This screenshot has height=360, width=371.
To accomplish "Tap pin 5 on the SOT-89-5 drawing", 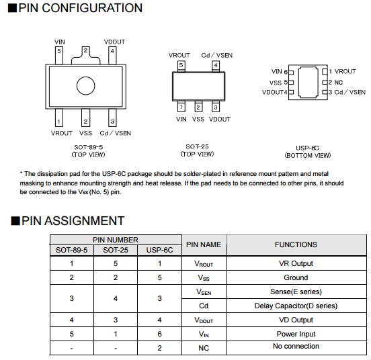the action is coord(59,55).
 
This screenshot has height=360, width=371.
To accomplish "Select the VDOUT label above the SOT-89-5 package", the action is coord(114,42).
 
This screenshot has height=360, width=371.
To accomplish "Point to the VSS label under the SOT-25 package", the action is coord(198,119).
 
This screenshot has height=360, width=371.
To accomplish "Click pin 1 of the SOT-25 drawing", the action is coord(181,107).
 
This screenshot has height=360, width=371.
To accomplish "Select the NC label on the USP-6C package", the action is coord(339,82).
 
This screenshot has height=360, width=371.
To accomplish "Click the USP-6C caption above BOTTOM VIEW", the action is coord(307,148).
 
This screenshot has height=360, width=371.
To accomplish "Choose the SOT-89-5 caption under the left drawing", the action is coord(89,147).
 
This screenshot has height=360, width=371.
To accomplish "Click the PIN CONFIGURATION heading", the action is coord(81,8).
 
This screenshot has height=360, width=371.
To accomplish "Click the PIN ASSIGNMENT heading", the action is coord(73,221).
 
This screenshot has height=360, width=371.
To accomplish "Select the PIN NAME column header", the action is coord(204,244).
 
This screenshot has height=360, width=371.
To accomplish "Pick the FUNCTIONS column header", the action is coord(296,244).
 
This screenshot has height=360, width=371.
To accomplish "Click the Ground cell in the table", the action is coord(296,277).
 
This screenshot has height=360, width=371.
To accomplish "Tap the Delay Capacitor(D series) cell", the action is coord(296,306).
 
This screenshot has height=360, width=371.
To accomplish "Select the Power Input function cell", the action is coord(296,334).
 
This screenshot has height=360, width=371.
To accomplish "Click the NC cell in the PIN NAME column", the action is coord(204,348).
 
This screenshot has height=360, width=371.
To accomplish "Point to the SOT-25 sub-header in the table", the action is coord(116,250).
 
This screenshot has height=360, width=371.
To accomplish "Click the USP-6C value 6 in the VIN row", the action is coord(160,334).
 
